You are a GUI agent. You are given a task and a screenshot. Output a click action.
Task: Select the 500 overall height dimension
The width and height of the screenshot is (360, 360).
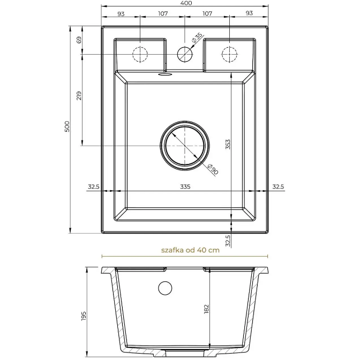[67, 126]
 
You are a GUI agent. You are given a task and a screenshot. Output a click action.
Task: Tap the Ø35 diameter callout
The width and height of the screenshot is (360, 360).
[197, 38]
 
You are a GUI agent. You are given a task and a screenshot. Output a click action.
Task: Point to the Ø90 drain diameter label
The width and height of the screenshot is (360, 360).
[212, 169]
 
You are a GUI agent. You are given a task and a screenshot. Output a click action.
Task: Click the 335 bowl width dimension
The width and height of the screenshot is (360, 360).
[185, 186]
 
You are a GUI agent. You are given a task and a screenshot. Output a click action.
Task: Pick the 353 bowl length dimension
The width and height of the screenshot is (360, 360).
[228, 144]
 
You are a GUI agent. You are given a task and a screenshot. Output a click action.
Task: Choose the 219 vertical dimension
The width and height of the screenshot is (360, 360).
[79, 95]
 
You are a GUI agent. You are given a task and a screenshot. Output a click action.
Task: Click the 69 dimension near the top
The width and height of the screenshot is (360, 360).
[79, 40]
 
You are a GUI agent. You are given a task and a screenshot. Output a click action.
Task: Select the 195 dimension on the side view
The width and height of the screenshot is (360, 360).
[84, 316]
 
